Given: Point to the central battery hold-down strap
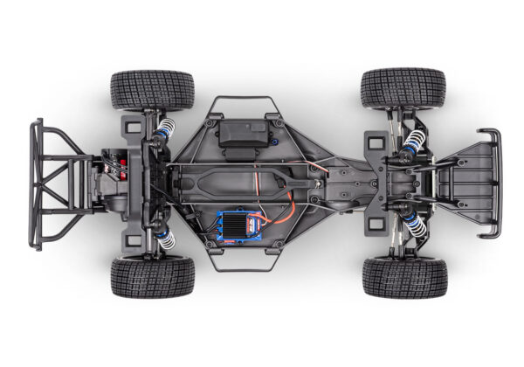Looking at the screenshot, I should click(231, 184).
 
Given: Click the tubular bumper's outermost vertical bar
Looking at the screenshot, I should click(36, 184).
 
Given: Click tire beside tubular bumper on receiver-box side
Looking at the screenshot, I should click(152, 89).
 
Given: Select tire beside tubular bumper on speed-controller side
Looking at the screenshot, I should click(152, 277).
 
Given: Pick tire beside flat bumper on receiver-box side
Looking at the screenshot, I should click(403, 88).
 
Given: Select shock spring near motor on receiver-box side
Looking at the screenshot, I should click(164, 131).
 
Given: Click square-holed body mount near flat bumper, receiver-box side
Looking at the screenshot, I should click(375, 142).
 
